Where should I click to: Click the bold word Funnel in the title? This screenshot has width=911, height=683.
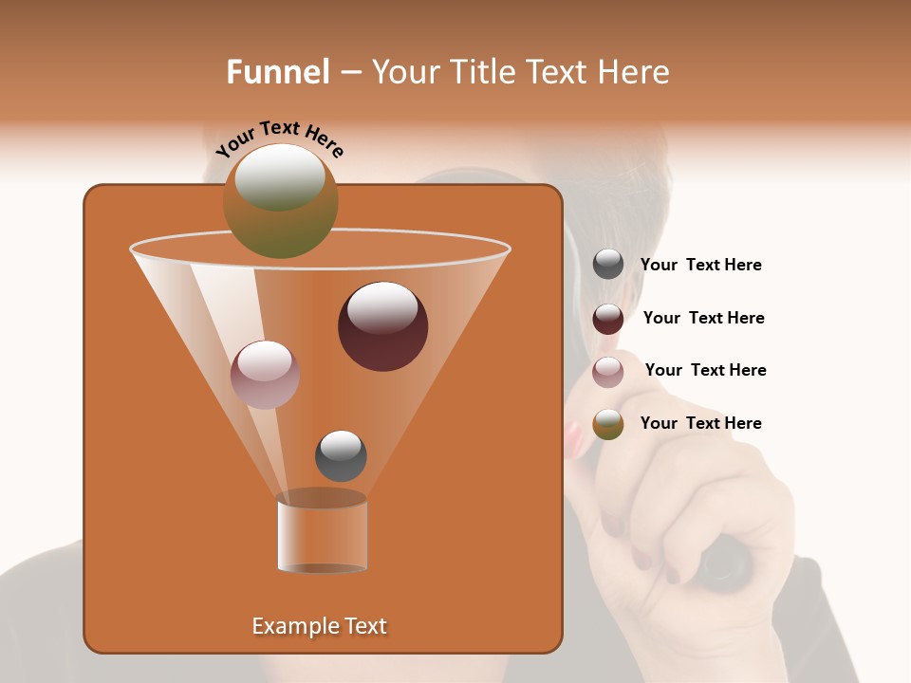tap(278, 72)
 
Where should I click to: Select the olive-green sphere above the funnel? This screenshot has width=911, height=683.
tap(280, 201)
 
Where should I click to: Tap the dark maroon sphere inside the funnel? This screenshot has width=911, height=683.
tap(382, 325)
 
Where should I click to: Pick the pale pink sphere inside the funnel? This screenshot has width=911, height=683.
tap(265, 375)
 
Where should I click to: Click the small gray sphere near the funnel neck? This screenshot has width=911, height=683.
tap(341, 455)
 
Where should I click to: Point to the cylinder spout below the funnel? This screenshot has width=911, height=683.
tap(323, 533)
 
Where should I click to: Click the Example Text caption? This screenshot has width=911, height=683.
tap(319, 626)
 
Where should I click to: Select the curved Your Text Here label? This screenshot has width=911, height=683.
tap(279, 138)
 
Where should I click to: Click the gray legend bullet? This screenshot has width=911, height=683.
tap(608, 265)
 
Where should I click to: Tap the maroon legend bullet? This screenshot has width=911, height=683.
tap(608, 319)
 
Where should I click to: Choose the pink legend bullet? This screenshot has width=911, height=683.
tap(608, 371)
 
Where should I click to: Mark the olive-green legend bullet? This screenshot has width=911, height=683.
tap(608, 424)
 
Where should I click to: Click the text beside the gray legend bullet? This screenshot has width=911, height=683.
tap(700, 266)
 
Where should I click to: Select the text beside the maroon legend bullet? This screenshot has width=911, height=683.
tap(703, 319)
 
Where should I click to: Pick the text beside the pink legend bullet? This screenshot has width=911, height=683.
tap(705, 370)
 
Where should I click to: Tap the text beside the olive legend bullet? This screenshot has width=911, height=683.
tap(700, 423)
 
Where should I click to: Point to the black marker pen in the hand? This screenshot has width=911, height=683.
tap(726, 563)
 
